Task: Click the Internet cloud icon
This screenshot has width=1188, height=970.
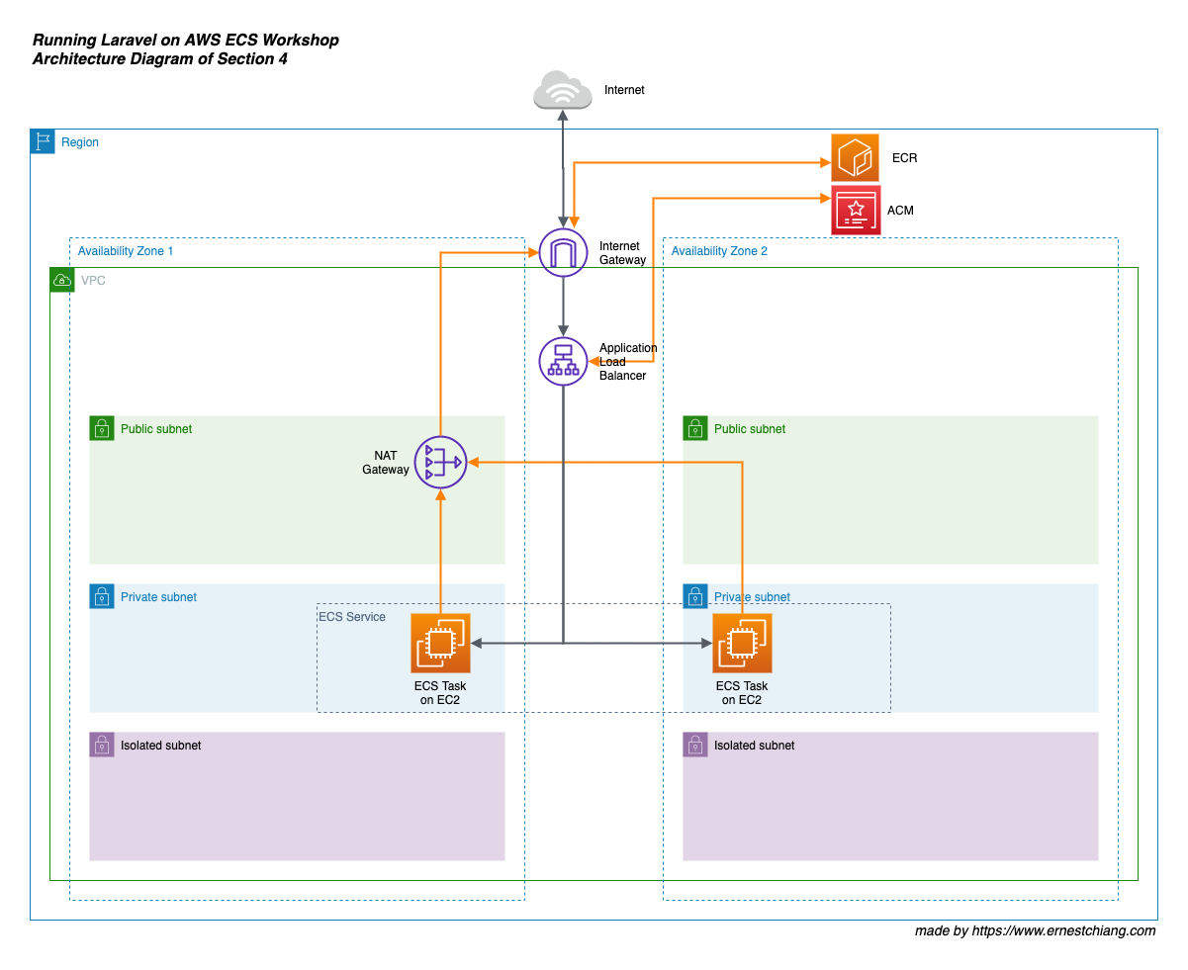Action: [563, 90]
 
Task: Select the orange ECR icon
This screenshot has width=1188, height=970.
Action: [855, 158]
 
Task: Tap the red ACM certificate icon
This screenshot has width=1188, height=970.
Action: [856, 210]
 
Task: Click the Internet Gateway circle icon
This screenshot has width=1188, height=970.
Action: [563, 253]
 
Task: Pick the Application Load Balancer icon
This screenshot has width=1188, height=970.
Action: [563, 361]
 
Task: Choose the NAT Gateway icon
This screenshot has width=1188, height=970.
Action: [440, 462]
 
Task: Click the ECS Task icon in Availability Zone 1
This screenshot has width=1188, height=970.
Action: [440, 643]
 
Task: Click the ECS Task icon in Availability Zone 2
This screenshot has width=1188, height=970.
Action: [742, 643]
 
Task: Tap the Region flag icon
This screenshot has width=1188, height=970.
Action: [43, 141]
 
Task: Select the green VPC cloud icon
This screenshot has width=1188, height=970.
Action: [61, 280]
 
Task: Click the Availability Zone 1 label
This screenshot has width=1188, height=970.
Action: [126, 251]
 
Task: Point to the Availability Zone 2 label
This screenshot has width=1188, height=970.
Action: [719, 251]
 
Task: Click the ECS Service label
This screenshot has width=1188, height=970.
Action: [352, 617]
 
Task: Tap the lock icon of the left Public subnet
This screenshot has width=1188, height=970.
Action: [102, 428]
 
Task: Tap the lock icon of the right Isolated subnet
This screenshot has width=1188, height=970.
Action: [695, 745]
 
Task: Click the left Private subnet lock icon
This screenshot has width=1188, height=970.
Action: [102, 596]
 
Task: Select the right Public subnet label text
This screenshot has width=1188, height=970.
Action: [750, 429]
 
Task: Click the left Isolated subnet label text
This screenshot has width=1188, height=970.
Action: [160, 746]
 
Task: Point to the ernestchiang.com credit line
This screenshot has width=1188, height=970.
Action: [1035, 930]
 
